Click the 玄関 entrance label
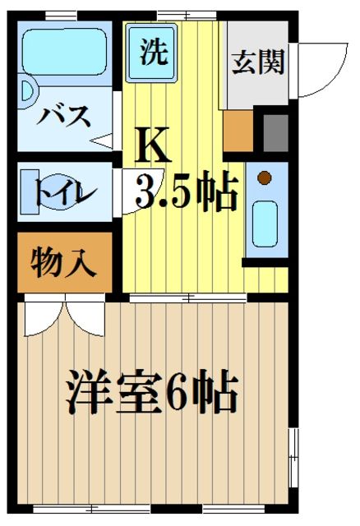pos(256,63)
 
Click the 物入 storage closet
pos(63,264)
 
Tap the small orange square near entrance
pos(238,129)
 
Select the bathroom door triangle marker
pos(102,141)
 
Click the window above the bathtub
pos(61,15)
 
